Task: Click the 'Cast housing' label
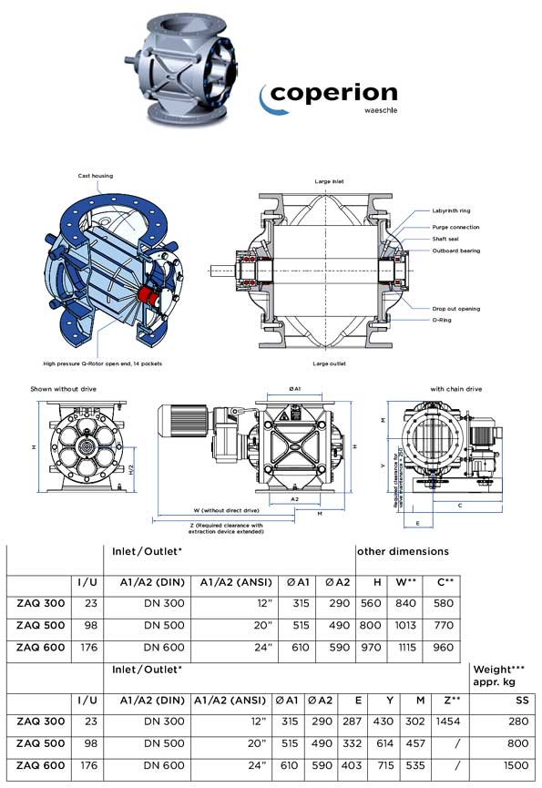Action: click(x=95, y=174)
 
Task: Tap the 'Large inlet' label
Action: click(x=329, y=182)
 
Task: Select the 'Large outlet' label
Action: click(x=329, y=363)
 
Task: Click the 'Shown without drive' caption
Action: click(x=64, y=389)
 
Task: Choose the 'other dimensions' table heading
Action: click(x=403, y=551)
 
